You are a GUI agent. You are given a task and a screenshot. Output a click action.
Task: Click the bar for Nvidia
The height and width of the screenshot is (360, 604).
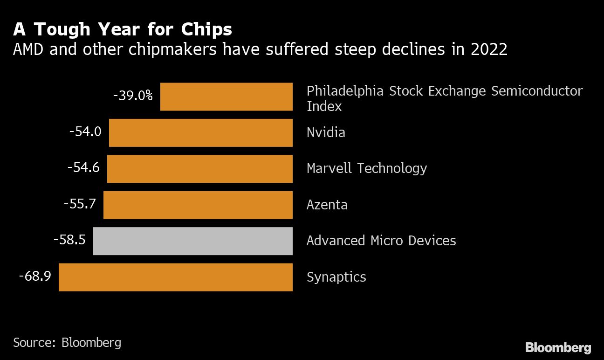pyautogui.click(x=201, y=132)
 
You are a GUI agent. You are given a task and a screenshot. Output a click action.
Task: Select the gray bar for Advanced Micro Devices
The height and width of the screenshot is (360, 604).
pyautogui.click(x=193, y=241)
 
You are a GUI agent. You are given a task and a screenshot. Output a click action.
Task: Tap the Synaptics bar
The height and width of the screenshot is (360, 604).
pyautogui.click(x=176, y=277)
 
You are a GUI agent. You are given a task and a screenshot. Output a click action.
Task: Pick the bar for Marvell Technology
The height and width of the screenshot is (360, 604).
pyautogui.click(x=200, y=169)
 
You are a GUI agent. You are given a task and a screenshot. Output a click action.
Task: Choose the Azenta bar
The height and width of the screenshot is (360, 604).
pyautogui.click(x=198, y=205)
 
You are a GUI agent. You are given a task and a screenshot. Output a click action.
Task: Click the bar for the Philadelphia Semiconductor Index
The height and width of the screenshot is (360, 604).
pyautogui.click(x=226, y=97)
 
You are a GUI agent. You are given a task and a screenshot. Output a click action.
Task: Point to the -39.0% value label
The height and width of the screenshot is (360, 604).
pyautogui.click(x=133, y=96)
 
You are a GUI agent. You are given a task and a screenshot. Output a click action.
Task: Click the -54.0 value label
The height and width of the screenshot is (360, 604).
pyautogui.click(x=85, y=132)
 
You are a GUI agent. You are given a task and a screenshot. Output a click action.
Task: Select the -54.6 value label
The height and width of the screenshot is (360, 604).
pyautogui.click(x=83, y=168)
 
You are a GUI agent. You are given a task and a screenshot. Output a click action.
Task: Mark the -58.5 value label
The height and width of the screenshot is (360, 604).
pyautogui.click(x=69, y=240)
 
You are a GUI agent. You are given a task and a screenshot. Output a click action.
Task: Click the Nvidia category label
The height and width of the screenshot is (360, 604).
pyautogui.click(x=326, y=132)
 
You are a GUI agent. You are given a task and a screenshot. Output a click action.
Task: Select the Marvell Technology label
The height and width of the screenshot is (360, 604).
pyautogui.click(x=367, y=168)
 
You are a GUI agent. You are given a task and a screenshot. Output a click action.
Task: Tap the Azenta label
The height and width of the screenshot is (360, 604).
pyautogui.click(x=327, y=205)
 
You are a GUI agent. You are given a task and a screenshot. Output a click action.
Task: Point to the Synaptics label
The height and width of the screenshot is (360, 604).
pyautogui.click(x=336, y=277)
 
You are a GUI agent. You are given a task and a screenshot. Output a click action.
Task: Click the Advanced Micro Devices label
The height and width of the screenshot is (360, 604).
pyautogui.click(x=381, y=241)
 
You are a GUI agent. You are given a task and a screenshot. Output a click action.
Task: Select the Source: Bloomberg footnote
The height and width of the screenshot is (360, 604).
pyautogui.click(x=67, y=343)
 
